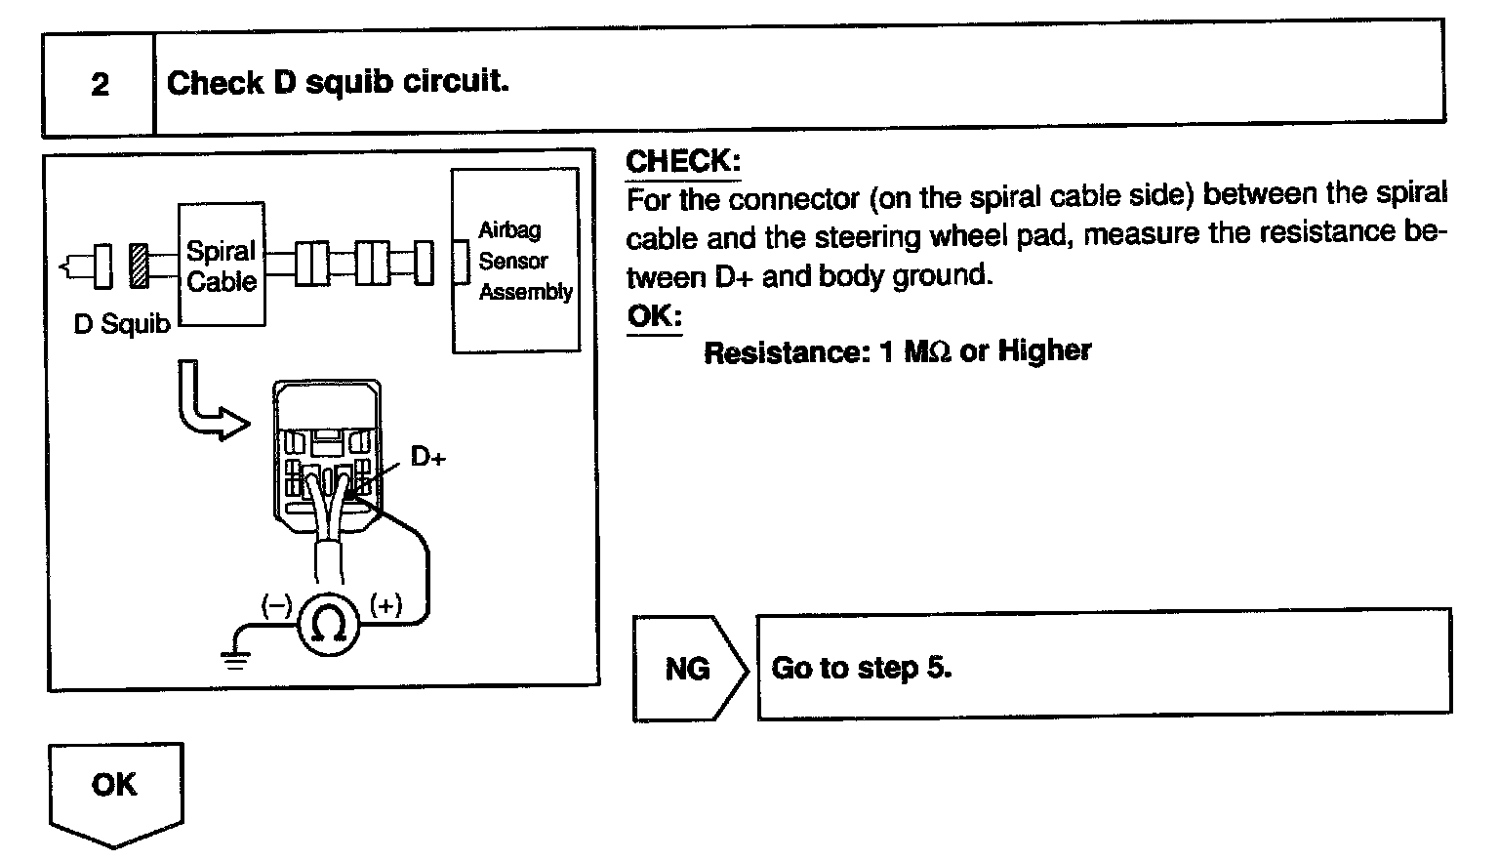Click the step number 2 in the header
100,85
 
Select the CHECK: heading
682,161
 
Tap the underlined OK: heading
653,316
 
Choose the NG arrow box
688,669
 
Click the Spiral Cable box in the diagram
222,266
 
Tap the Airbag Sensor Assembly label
524,261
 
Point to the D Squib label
121,324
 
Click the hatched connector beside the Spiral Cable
140,265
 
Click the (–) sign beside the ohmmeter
276,605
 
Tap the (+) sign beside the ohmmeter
386,605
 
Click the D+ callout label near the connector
427,456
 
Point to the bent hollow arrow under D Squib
207,403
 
